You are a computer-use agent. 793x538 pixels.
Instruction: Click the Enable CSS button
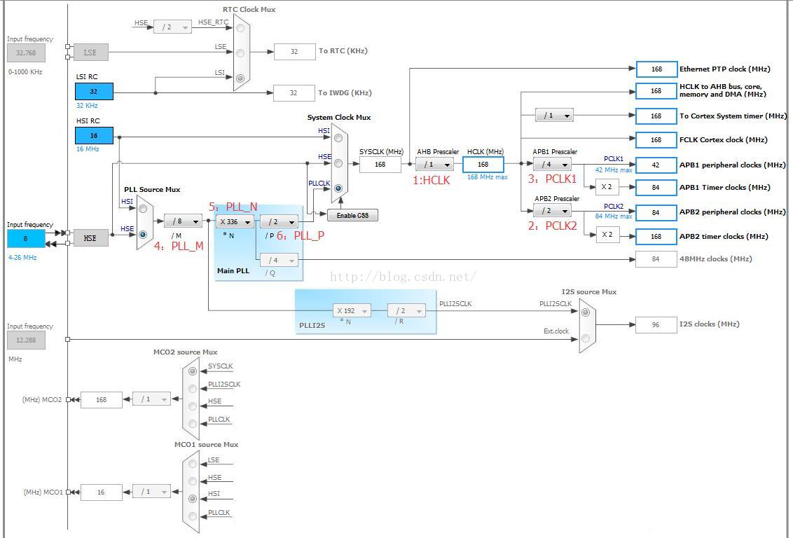click(x=352, y=215)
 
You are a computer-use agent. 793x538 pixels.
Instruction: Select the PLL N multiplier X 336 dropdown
click(x=235, y=221)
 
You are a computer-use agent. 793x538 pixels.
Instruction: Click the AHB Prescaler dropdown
click(x=434, y=165)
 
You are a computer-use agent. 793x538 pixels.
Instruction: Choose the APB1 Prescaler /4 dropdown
click(x=552, y=165)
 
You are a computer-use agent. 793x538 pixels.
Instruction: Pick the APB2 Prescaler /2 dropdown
click(x=552, y=210)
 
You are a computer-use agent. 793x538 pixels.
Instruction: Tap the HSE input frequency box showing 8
click(x=26, y=238)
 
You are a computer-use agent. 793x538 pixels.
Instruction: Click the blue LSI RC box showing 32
click(x=94, y=92)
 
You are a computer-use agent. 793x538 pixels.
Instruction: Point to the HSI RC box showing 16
click(x=94, y=135)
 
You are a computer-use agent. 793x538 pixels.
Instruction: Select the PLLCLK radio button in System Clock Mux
click(x=338, y=188)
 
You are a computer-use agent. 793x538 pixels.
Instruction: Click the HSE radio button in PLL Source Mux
click(x=143, y=235)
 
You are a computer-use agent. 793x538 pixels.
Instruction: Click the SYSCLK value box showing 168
click(x=380, y=165)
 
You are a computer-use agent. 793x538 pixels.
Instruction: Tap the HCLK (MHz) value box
click(x=483, y=165)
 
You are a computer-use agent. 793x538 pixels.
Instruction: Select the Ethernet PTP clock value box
click(x=656, y=69)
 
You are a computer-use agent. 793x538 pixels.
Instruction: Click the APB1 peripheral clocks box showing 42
click(x=656, y=165)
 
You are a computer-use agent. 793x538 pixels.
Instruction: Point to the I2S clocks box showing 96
click(x=656, y=324)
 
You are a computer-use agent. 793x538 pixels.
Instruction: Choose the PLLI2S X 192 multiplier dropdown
click(x=352, y=310)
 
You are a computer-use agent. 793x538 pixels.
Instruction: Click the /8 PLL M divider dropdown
click(x=183, y=221)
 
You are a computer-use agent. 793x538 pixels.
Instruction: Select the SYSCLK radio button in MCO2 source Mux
click(x=192, y=371)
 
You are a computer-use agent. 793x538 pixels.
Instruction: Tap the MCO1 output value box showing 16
click(x=101, y=492)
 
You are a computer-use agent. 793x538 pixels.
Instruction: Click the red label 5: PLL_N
click(x=233, y=206)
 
